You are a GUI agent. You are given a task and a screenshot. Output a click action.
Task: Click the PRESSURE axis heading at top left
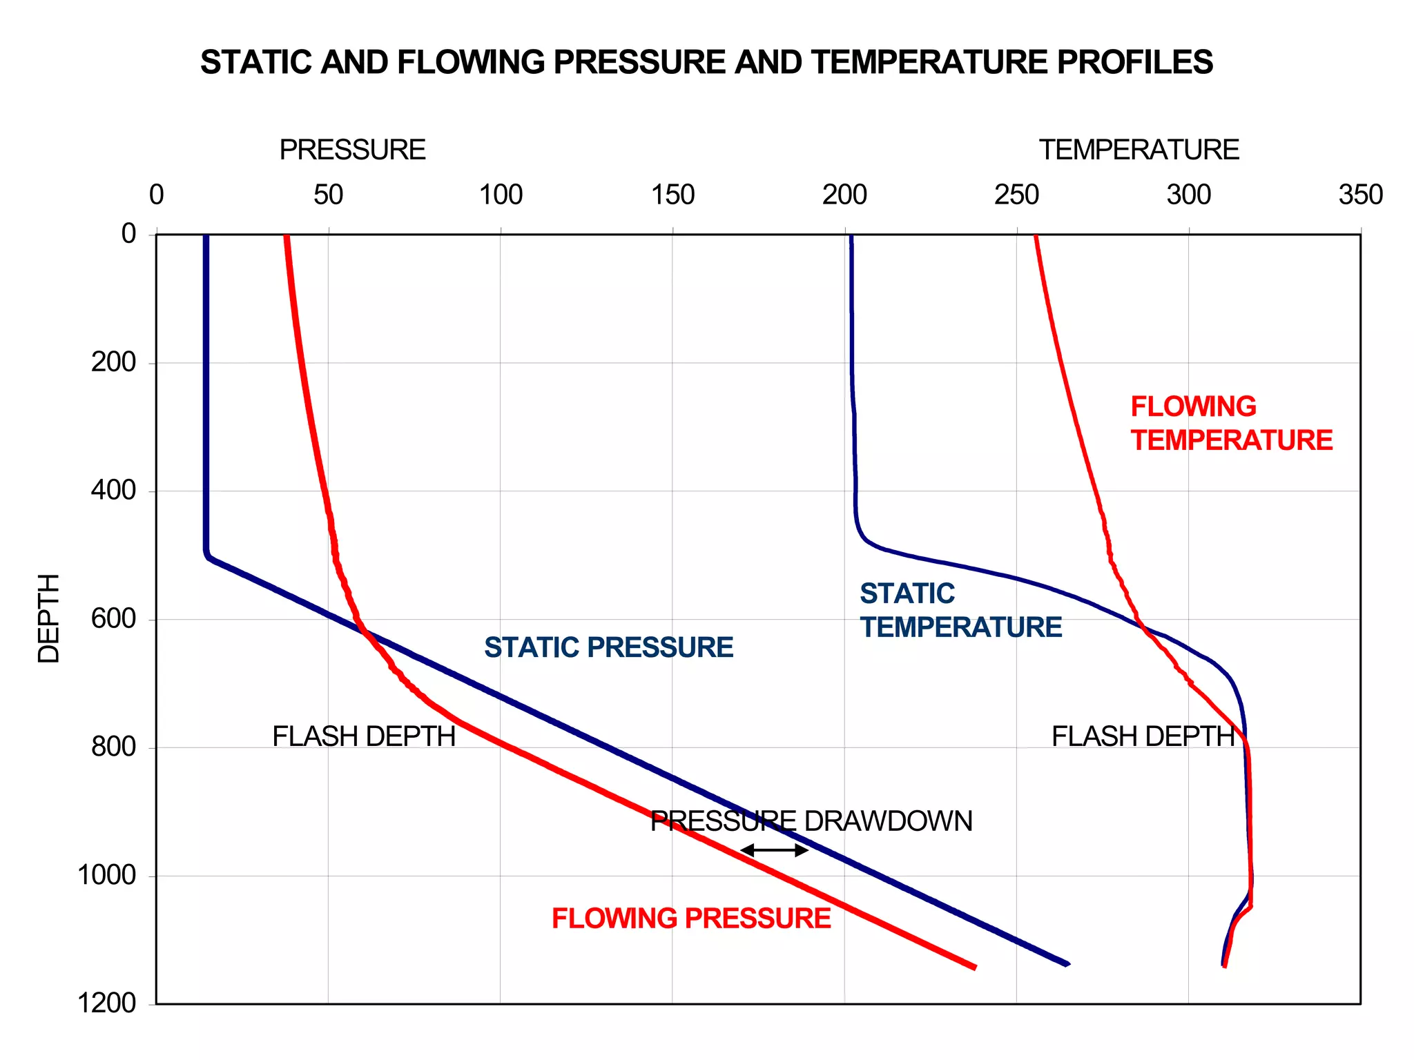tap(352, 150)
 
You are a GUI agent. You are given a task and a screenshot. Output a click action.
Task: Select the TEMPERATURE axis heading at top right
tap(1139, 150)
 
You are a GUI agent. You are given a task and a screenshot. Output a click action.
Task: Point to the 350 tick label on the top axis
tap(1360, 195)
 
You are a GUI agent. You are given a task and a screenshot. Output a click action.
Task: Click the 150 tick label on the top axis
tap(672, 195)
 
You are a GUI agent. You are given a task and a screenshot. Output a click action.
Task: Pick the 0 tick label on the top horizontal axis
tap(157, 195)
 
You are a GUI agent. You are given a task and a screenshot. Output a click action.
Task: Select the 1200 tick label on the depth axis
tap(107, 1003)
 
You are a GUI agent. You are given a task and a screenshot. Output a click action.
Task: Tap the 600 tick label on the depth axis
tap(114, 618)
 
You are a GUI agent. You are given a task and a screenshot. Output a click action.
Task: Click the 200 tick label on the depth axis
tap(114, 362)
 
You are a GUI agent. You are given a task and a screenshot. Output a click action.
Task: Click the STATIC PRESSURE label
tap(608, 647)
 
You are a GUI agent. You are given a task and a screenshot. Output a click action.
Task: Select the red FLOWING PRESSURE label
tap(691, 919)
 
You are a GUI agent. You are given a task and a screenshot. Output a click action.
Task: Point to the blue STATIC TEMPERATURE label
tap(960, 611)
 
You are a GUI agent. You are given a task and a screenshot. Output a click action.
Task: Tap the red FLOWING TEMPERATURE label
tap(1231, 424)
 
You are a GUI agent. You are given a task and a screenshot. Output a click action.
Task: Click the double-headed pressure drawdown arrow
tap(774, 850)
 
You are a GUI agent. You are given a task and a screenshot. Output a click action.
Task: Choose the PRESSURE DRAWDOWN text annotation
tap(811, 821)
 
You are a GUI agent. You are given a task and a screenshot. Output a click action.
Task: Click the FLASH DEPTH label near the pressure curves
tap(364, 736)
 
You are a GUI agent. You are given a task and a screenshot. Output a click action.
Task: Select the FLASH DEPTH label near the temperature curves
tap(1143, 736)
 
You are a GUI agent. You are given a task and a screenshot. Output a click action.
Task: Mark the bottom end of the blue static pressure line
tap(1067, 963)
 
